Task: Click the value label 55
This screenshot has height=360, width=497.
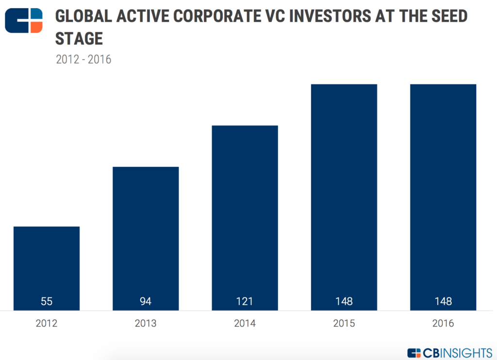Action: point(47,301)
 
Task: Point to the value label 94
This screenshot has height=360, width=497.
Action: point(146,301)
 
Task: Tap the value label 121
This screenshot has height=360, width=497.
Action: point(245,301)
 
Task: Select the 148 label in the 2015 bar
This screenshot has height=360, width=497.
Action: point(344,301)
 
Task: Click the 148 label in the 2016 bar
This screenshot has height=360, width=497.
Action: point(443,301)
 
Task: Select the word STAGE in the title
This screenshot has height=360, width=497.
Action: point(79,38)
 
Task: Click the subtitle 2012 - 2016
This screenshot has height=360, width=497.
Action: point(83,60)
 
